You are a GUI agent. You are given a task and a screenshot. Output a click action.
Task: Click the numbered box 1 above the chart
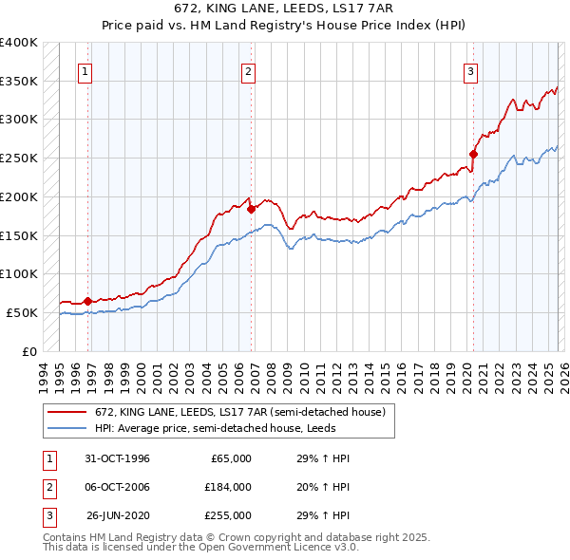(85, 70)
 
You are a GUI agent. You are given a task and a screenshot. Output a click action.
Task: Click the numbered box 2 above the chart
(248, 70)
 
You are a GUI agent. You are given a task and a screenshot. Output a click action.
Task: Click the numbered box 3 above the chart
(470, 70)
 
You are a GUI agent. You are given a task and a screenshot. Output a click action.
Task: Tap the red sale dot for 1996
(88, 301)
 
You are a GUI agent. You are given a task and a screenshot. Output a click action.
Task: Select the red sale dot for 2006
(251, 209)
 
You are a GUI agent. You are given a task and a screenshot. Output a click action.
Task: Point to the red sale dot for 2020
(473, 154)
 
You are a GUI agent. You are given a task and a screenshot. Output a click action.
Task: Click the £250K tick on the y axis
(19, 159)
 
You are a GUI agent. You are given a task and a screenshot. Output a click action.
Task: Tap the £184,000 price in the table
(228, 487)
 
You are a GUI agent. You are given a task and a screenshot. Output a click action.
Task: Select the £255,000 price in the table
(228, 515)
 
